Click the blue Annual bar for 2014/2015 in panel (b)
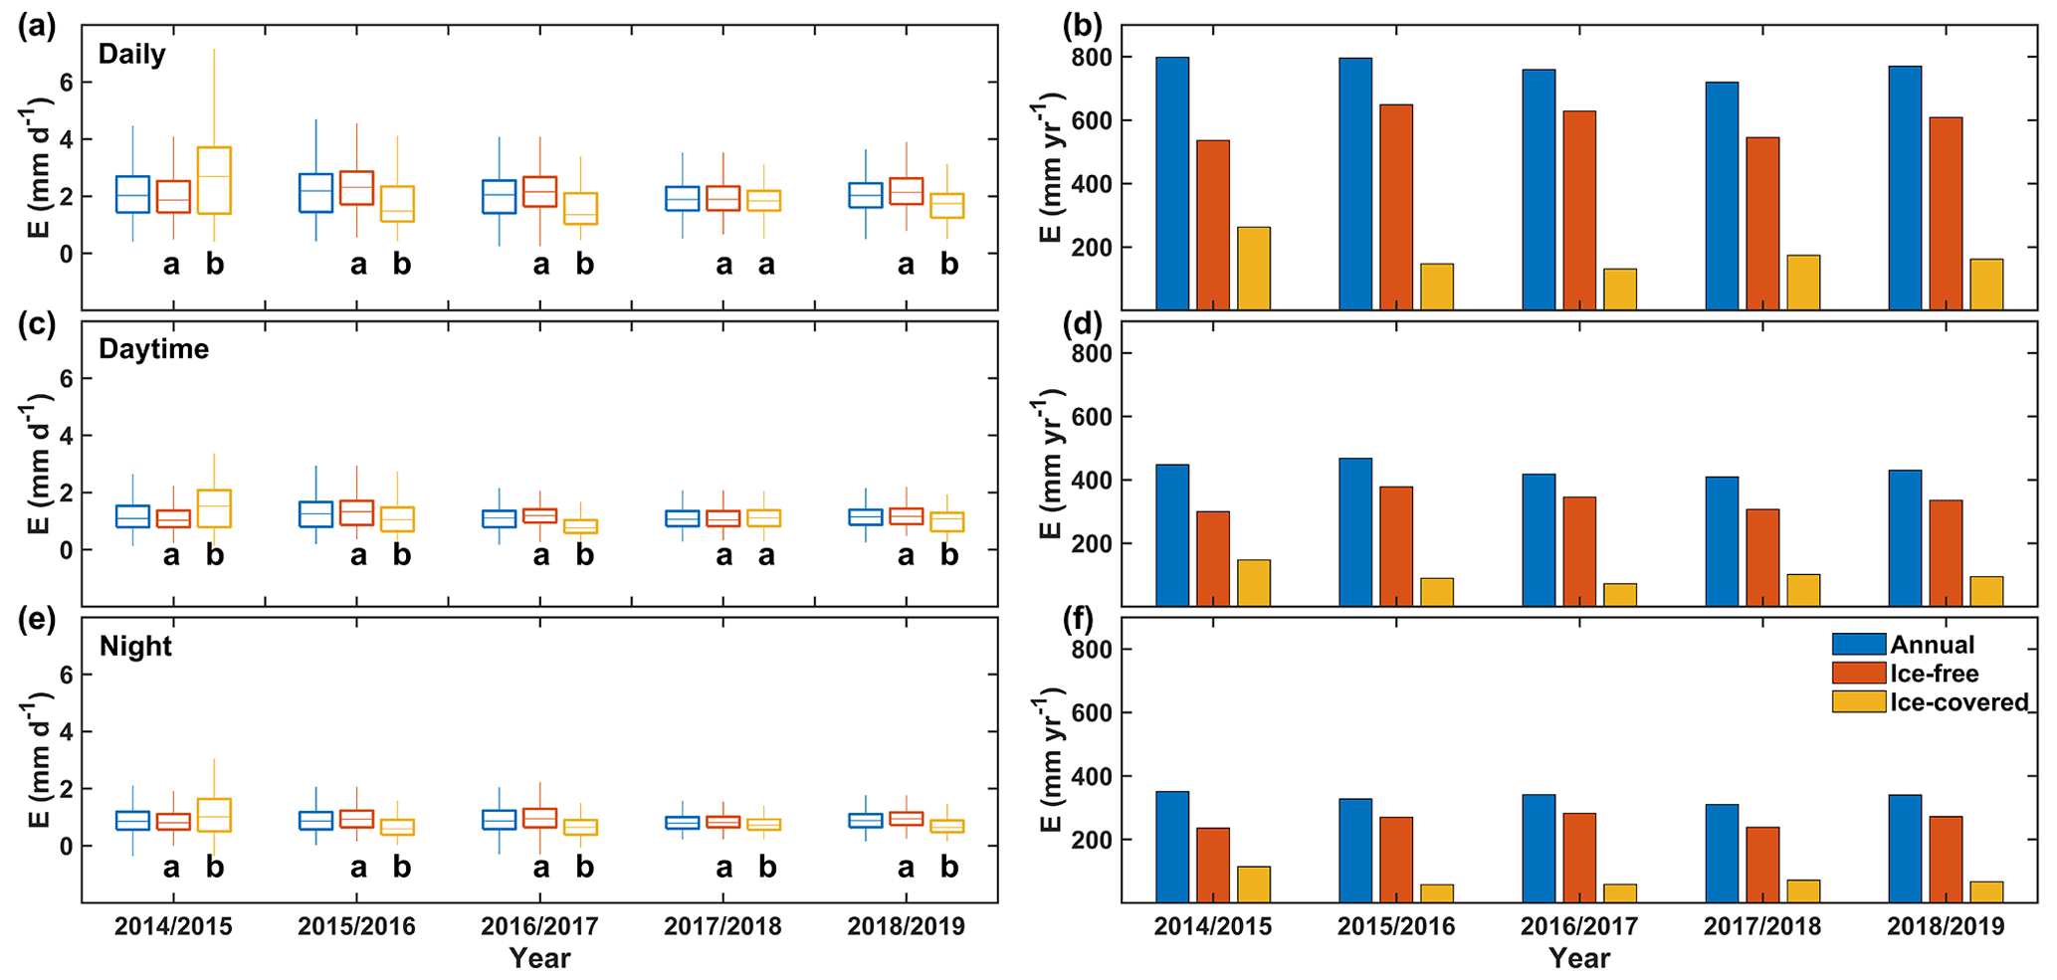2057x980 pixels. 1172,184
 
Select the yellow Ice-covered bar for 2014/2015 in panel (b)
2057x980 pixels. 1255,269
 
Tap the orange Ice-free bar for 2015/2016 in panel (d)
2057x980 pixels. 1396,546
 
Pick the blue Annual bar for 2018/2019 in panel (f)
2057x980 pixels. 1905,849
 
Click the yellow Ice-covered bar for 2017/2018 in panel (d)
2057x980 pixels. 1803,590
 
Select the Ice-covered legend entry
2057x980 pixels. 1931,702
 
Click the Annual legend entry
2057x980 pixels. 1904,645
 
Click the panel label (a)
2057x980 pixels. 37,27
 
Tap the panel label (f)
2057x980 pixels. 1078,620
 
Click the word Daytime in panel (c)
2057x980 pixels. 154,349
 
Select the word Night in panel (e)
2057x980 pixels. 135,647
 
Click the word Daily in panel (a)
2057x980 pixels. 131,54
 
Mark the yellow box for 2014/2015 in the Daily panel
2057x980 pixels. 215,180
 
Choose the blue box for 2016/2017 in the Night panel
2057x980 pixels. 500,819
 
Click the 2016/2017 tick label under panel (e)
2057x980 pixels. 539,927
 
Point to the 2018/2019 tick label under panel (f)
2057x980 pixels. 1946,927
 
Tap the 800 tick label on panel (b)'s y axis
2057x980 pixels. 1092,58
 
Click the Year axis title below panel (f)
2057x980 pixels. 1579,959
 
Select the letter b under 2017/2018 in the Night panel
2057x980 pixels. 767,868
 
